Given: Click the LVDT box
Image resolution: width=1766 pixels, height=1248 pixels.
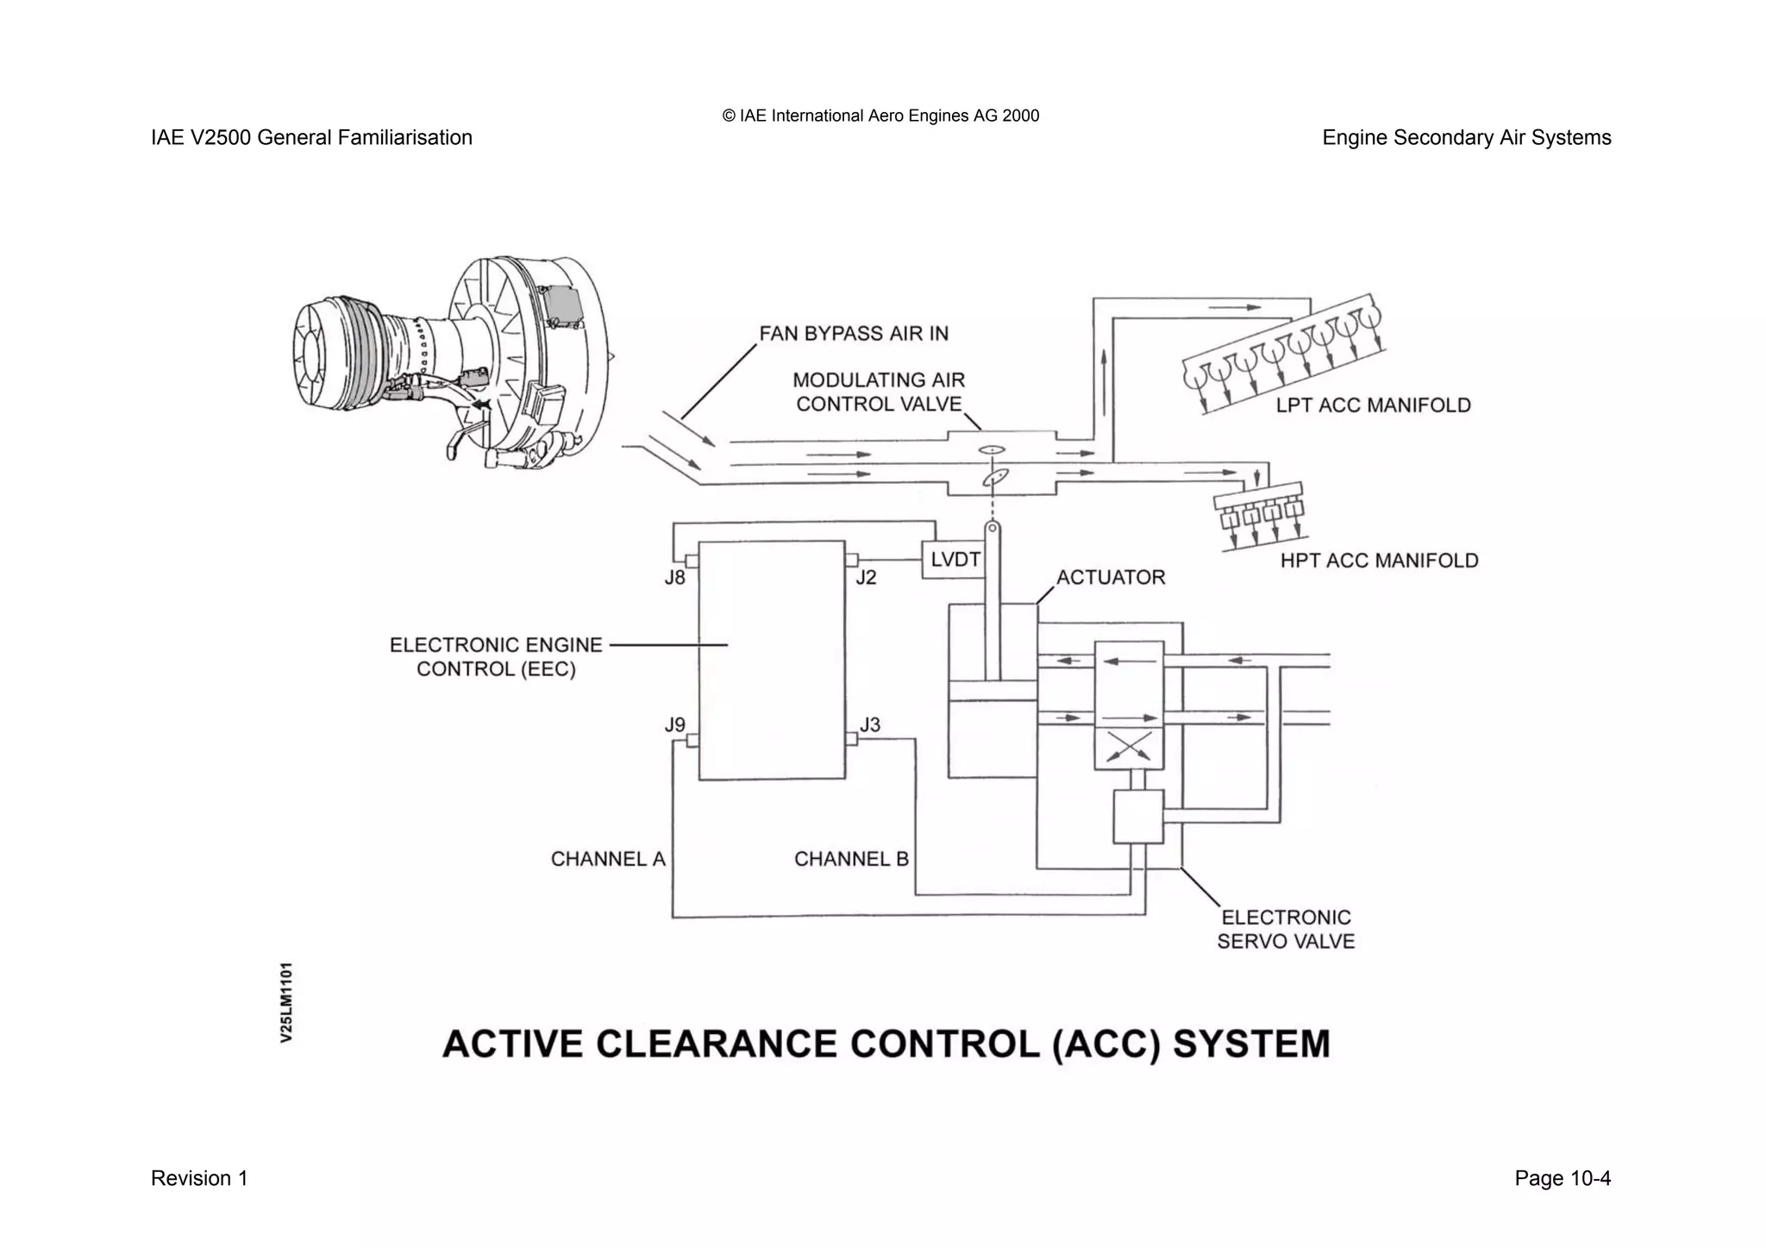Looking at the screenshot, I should point(954,560).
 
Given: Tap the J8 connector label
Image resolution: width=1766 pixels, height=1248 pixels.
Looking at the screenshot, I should point(674,578).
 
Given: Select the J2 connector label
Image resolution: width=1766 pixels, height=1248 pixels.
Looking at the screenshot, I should point(865,578).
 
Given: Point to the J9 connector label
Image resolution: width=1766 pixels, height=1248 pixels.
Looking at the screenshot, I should point(674,725).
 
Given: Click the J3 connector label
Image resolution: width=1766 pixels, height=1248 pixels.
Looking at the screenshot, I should point(869,724).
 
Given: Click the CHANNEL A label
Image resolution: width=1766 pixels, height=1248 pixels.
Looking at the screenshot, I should point(608,859).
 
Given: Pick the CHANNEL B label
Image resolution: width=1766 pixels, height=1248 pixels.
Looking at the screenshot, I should point(851,859).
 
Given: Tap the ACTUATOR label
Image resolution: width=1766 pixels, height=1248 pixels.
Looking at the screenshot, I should point(1111,578).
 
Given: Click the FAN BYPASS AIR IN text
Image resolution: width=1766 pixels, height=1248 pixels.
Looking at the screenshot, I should point(853,334).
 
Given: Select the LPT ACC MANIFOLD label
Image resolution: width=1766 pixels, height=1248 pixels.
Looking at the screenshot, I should point(1373,405).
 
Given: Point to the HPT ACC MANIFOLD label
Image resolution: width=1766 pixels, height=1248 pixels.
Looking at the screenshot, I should point(1379,561).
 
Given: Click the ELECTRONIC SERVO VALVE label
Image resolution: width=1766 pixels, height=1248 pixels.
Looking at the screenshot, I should point(1286,930).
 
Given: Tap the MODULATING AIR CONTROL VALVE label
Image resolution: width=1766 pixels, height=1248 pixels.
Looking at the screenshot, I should point(879,392).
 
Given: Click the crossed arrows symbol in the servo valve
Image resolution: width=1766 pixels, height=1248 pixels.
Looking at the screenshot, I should point(1129,747).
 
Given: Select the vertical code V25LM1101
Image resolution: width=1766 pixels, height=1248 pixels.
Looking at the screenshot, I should point(286,1002).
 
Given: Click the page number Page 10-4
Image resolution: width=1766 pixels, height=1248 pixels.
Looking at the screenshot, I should point(1562,1178).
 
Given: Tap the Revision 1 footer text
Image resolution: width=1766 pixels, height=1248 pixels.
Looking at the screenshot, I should point(199,1178).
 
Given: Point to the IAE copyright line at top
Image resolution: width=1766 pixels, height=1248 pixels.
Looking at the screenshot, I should point(880,116).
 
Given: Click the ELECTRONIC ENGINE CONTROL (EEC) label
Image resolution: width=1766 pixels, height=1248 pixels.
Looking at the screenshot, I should point(496,657).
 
